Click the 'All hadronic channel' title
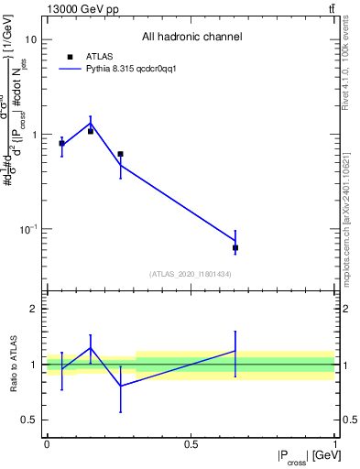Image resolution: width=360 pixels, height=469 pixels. click(191, 38)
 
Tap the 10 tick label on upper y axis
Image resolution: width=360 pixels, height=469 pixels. click(30, 40)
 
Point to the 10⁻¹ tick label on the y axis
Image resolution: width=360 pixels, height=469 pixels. click(27, 229)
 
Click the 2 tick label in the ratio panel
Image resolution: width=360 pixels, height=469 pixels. click(34, 310)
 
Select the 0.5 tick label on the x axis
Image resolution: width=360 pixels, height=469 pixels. click(191, 444)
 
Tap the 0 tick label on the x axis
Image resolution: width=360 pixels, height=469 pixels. click(47, 444)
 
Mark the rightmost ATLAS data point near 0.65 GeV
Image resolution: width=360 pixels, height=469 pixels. click(235, 247)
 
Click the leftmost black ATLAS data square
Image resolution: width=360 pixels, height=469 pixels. click(61, 143)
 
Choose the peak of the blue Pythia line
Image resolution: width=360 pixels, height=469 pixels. click(90, 123)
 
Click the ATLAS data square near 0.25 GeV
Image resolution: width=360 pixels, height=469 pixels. click(120, 154)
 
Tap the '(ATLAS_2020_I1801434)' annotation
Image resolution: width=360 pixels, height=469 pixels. click(191, 274)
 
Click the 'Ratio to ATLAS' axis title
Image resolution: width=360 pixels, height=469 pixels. click(14, 365)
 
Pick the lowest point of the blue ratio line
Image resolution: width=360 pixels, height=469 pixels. click(120, 386)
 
